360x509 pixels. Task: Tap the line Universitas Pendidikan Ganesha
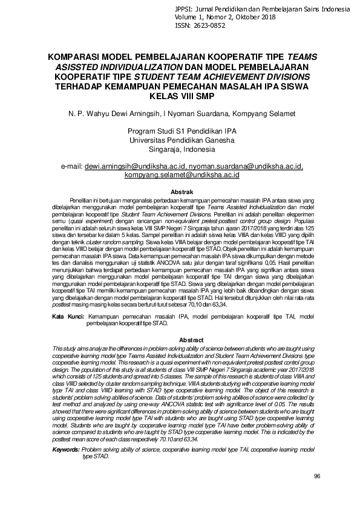pyautogui.click(x=180, y=140)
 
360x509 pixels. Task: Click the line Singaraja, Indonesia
pyautogui.click(x=180, y=149)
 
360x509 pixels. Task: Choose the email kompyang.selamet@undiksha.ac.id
pyautogui.click(x=182, y=175)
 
